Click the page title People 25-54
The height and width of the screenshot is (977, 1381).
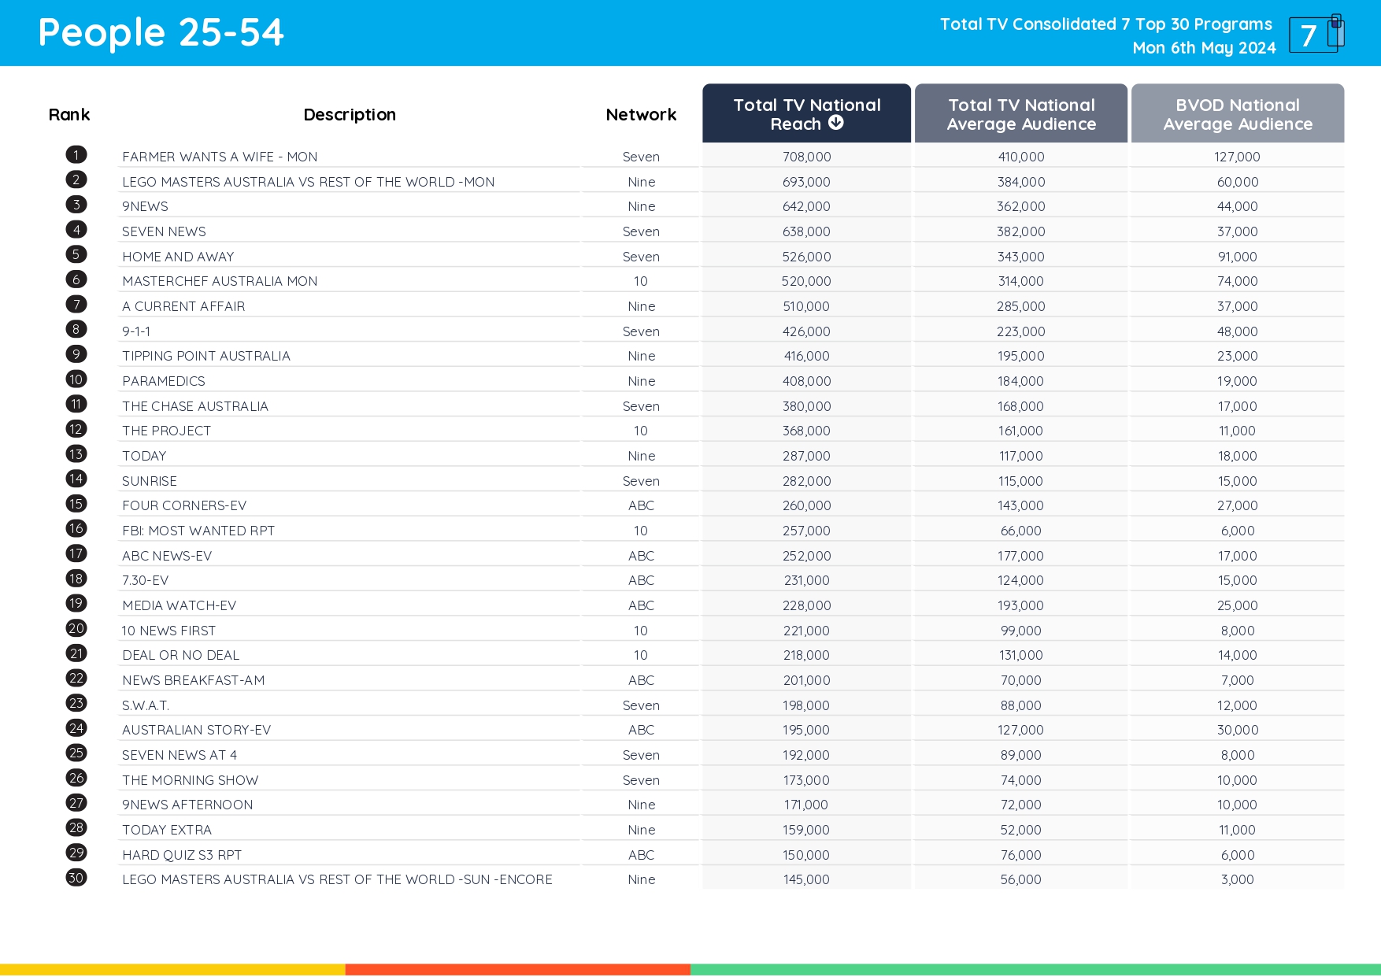(161, 33)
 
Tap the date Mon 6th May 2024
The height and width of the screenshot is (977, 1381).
(1204, 48)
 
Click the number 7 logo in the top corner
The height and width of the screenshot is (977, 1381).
(1315, 34)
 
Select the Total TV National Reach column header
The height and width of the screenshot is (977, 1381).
(806, 114)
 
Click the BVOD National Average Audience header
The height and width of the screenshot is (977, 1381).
(1237, 114)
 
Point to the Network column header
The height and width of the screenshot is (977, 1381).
(641, 115)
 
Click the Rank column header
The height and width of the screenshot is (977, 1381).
(69, 115)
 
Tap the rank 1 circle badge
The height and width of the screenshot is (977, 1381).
(76, 155)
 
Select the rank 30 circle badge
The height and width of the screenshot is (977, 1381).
(76, 878)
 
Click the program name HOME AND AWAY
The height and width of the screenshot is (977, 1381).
(178, 257)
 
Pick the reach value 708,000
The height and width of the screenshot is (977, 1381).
(806, 157)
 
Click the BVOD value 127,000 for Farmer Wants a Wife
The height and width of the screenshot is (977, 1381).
(1237, 157)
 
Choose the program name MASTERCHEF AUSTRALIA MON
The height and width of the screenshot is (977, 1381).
(220, 281)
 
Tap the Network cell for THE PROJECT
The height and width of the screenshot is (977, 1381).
(641, 431)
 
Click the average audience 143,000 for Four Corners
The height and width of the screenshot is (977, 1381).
(1020, 505)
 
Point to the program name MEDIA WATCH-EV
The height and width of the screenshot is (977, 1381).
(179, 605)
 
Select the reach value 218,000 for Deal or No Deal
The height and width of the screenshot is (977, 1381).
(806, 655)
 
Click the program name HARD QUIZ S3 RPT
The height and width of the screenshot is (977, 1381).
(182, 855)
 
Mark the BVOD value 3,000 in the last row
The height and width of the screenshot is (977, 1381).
(1237, 879)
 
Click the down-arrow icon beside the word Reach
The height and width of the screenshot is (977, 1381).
(836, 123)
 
